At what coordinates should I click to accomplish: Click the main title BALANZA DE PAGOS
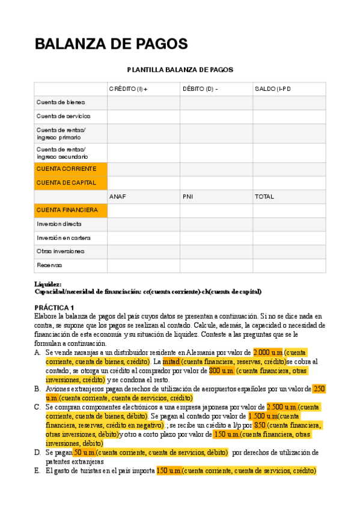[111, 44]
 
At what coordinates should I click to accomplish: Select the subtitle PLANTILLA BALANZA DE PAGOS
[180, 70]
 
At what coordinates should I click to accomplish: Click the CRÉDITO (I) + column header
[127, 89]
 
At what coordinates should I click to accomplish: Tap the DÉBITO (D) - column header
[200, 89]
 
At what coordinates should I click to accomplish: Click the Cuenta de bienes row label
[61, 102]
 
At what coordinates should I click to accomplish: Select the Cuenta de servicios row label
[63, 116]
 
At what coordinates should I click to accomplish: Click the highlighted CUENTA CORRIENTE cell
[66, 169]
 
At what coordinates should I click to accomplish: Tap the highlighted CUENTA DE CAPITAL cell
[66, 182]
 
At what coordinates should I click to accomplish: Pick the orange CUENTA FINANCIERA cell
[67, 210]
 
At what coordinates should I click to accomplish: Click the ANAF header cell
[118, 197]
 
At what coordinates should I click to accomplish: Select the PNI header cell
[188, 197]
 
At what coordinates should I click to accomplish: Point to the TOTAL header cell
[264, 197]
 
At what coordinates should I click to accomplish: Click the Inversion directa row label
[59, 224]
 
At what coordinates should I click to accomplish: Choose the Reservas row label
[49, 265]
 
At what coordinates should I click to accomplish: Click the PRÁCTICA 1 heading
[54, 307]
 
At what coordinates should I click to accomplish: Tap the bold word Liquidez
[48, 284]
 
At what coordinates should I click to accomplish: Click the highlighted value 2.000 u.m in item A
[268, 352]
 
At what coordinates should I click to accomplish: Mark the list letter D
[37, 452]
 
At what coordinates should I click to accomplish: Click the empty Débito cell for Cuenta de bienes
[216, 102]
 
